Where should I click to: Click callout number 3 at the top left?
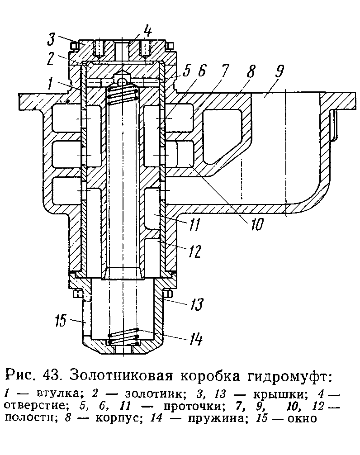(x=52, y=39)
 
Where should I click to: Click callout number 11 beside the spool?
(x=194, y=224)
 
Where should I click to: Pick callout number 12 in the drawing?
(x=194, y=251)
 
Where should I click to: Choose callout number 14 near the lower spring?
(x=196, y=339)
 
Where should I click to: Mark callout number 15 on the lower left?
(x=61, y=321)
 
